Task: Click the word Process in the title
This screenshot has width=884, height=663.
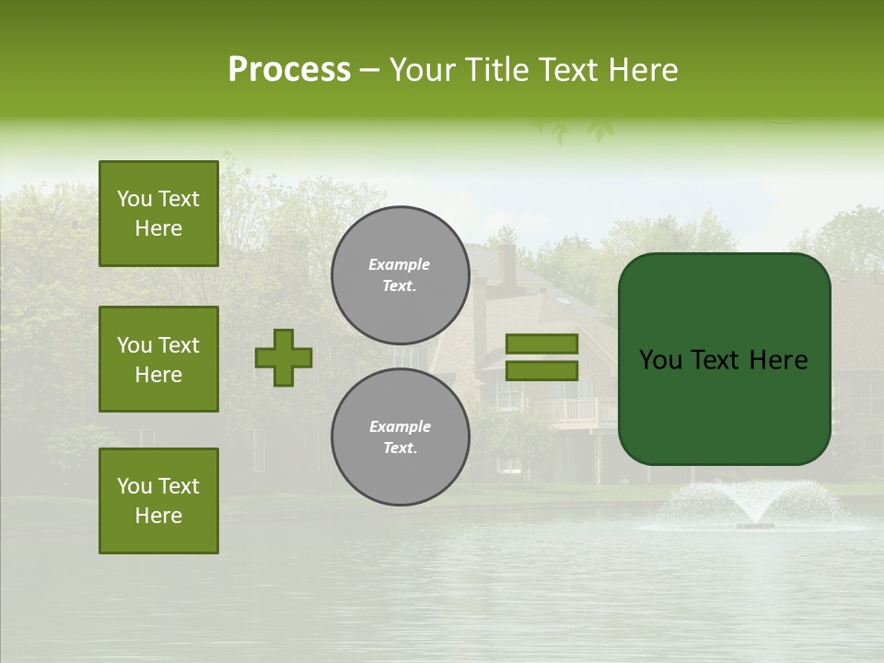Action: (289, 70)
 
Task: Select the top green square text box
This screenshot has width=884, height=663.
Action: (158, 214)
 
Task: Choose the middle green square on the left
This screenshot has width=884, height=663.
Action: (158, 359)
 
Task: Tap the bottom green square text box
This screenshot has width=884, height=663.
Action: (158, 500)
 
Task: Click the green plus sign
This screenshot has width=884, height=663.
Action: (284, 357)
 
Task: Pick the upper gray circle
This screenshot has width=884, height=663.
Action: (401, 275)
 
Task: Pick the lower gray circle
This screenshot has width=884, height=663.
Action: (401, 436)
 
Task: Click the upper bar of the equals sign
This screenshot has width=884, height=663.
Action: (541, 344)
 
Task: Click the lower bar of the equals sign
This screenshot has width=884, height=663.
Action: (541, 370)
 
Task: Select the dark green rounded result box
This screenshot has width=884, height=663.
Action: (724, 359)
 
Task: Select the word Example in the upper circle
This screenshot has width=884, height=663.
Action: (400, 264)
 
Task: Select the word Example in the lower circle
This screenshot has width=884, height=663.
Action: (400, 426)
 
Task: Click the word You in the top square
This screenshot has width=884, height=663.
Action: (134, 199)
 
